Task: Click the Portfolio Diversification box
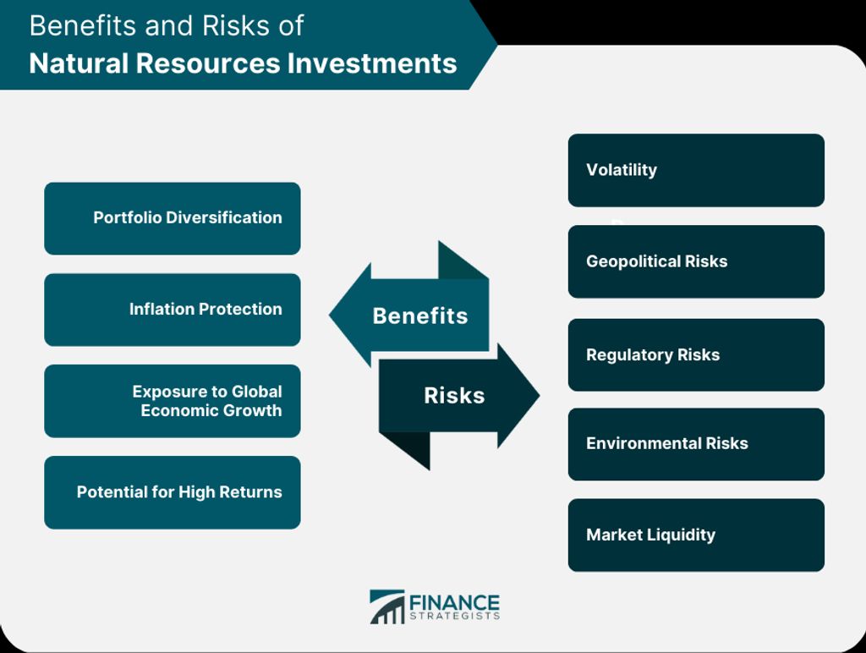click(173, 218)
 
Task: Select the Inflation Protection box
click(173, 310)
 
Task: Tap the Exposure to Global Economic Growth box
click(173, 401)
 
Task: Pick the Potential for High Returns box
click(173, 492)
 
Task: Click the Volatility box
click(696, 170)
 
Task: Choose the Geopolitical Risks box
click(696, 261)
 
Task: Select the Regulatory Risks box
click(696, 354)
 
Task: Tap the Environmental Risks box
click(696, 444)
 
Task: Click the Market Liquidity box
click(696, 535)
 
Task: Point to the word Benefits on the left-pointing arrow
click(420, 316)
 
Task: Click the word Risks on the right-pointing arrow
click(454, 396)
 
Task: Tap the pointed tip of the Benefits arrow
click(330, 315)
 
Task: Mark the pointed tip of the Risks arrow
click(539, 395)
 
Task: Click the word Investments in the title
click(372, 63)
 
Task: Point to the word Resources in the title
click(208, 63)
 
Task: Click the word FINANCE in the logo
click(454, 602)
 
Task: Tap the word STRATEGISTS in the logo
click(454, 616)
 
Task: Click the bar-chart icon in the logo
click(387, 606)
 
